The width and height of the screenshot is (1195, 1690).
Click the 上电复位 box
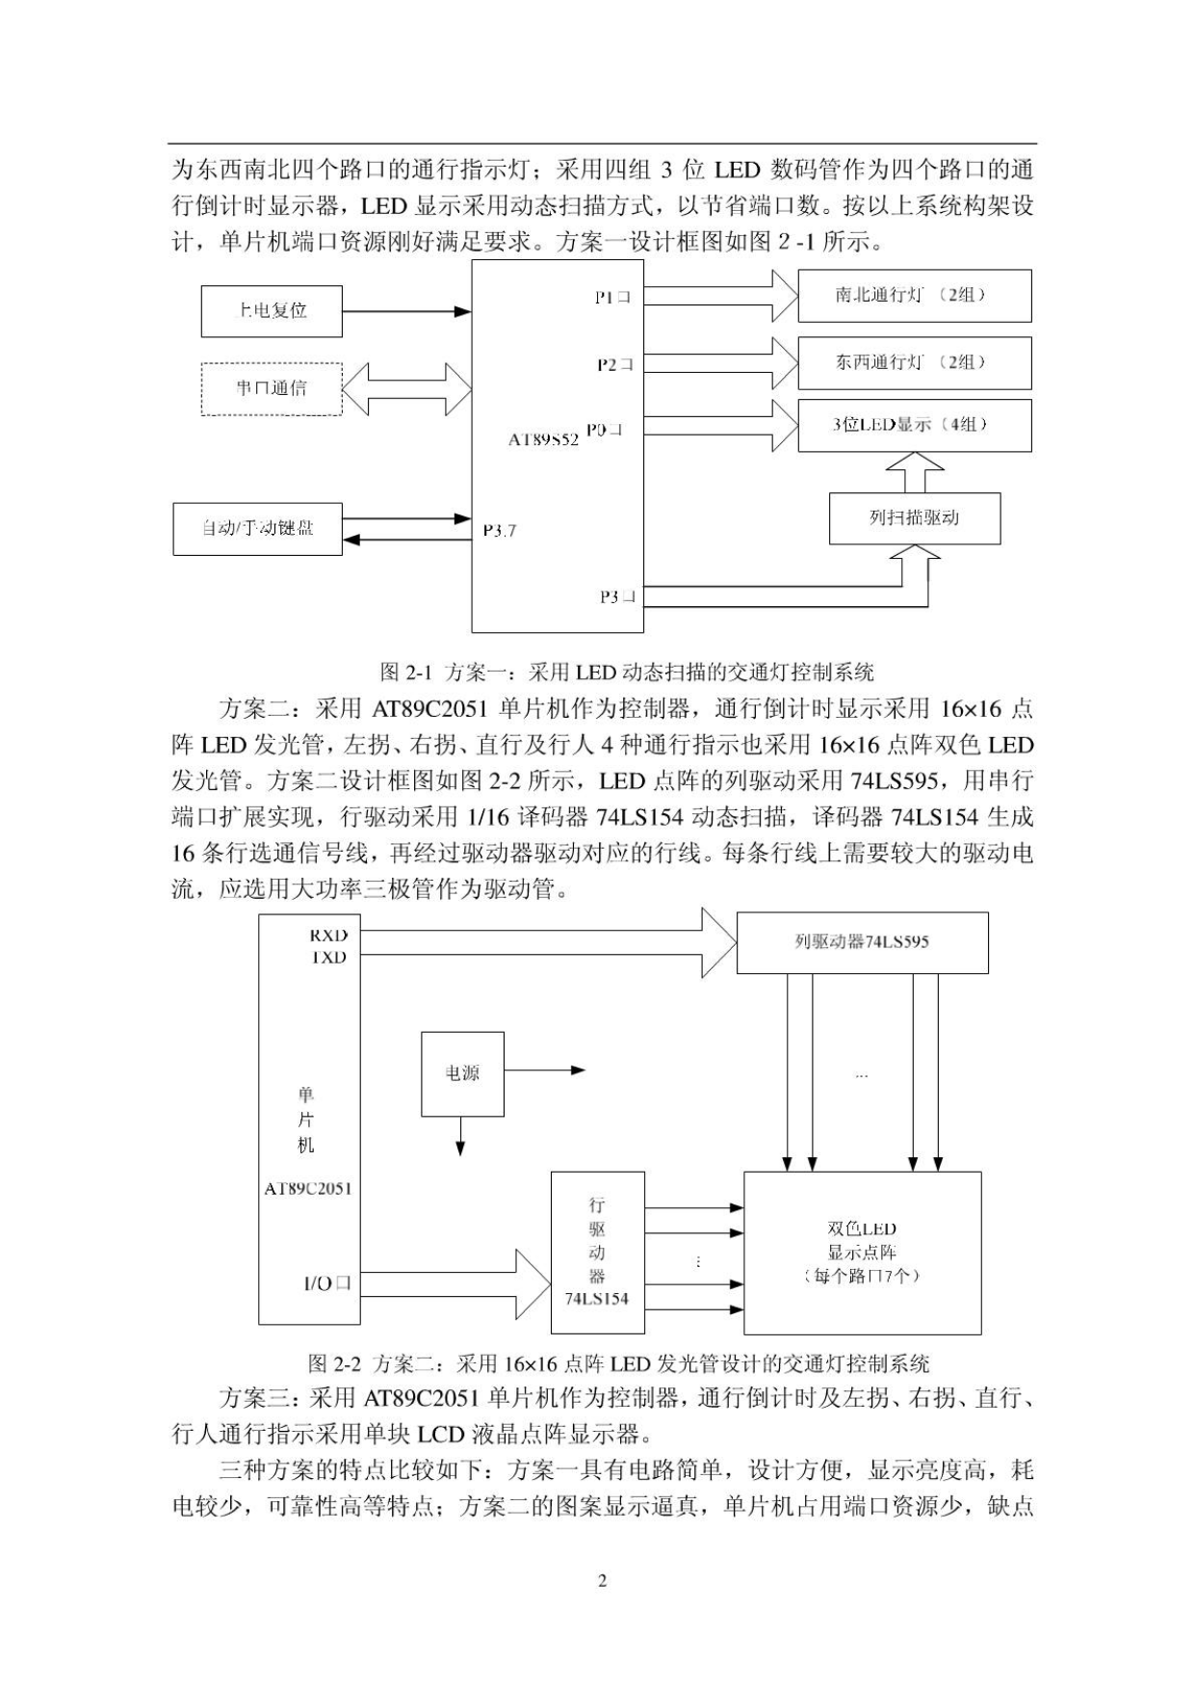[272, 310]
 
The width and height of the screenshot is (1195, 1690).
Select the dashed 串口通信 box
[272, 388]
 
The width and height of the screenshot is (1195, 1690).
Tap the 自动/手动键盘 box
[257, 528]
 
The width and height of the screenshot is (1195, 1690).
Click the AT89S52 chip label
[543, 438]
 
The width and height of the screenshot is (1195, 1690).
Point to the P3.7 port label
[499, 530]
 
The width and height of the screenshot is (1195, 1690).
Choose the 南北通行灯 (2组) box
[914, 295]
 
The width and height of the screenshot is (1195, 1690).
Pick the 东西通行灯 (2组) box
[914, 362]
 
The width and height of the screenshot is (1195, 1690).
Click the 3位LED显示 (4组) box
[914, 425]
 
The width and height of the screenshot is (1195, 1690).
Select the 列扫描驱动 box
[914, 518]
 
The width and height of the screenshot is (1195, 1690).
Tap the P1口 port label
[612, 298]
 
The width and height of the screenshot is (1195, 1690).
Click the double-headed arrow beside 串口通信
[406, 388]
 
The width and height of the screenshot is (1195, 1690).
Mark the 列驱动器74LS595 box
[862, 942]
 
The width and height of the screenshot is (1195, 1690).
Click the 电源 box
[462, 1073]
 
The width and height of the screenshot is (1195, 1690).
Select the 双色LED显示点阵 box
[862, 1253]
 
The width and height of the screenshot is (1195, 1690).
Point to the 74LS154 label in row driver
[596, 1299]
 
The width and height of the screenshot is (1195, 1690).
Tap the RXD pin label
[328, 935]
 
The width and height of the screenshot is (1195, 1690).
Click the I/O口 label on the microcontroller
[327, 1283]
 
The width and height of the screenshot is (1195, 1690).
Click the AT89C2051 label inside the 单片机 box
[308, 1189]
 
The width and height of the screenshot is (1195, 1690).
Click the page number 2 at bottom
[602, 1580]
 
